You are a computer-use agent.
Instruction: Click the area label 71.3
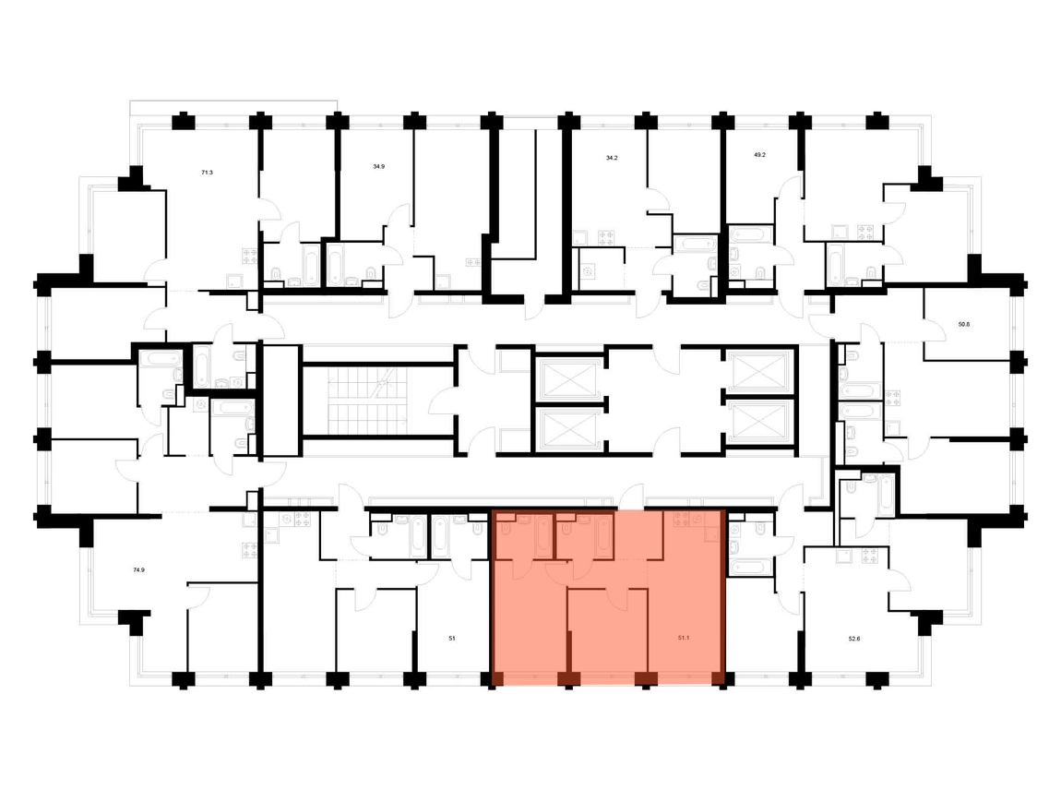point(207,173)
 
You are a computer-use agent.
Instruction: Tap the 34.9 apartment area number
point(379,166)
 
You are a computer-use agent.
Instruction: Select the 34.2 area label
point(612,158)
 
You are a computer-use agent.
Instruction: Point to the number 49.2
point(760,154)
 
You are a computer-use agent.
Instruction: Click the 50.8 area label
point(964,324)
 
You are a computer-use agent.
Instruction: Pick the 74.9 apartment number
point(138,569)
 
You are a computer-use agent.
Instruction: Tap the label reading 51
point(452,638)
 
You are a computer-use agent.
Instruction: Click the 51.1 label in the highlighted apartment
point(684,638)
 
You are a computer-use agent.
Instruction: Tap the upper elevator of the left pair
point(567,377)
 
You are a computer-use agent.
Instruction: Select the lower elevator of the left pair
point(567,428)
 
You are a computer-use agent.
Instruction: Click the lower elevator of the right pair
point(758,422)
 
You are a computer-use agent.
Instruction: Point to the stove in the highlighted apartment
point(682,519)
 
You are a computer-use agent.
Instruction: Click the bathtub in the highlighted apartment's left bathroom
point(543,536)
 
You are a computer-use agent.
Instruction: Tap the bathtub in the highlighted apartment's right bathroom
point(604,536)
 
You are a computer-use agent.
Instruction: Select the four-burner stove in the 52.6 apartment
point(869,557)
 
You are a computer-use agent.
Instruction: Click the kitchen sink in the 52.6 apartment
point(844,557)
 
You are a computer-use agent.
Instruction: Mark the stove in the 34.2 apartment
point(607,237)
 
